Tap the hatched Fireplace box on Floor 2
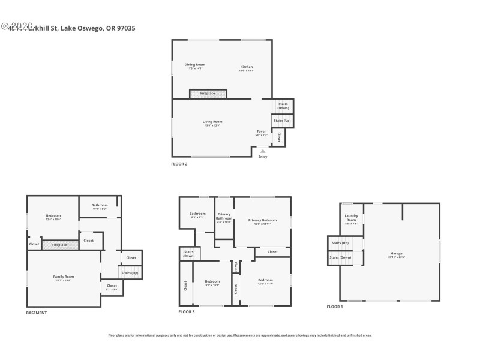pos(208,94)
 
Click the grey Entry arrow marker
pos(262,151)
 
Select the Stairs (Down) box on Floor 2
pos(283,106)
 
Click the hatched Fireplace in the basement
pos(59,245)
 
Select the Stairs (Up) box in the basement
pos(130,273)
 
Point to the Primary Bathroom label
pos(224,217)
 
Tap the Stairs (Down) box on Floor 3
pos(188,254)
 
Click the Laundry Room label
pos(351,218)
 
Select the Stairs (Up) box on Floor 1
pos(340,243)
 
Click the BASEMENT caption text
pos(37,313)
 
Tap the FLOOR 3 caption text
pos(187,312)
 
